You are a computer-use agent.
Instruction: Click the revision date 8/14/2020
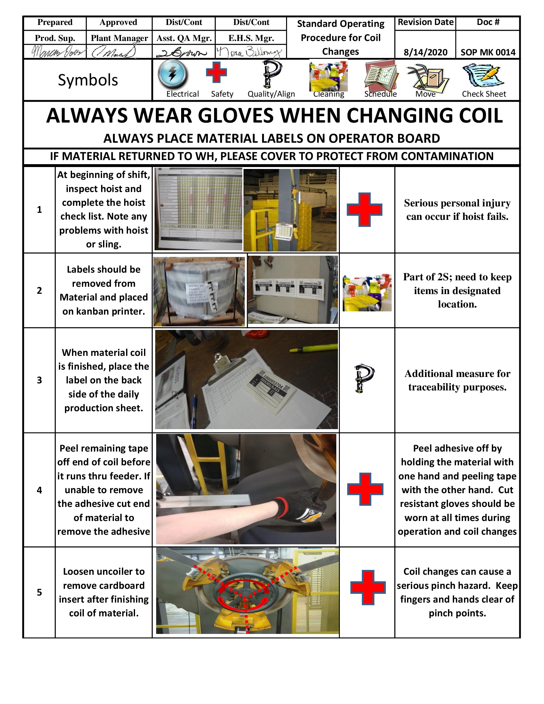tap(425, 52)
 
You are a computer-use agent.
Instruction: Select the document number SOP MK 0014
tap(488, 52)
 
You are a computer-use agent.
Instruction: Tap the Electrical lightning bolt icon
tap(172, 75)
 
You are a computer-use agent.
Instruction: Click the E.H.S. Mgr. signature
tap(250, 52)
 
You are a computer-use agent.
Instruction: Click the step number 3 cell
tap(39, 380)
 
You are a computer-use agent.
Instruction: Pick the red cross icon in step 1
tap(364, 209)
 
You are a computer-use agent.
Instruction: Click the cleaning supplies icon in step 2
tap(367, 292)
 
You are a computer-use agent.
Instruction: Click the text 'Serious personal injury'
tap(457, 203)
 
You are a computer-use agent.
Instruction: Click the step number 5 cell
tap(39, 592)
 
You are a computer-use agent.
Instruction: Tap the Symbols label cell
tap(88, 80)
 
